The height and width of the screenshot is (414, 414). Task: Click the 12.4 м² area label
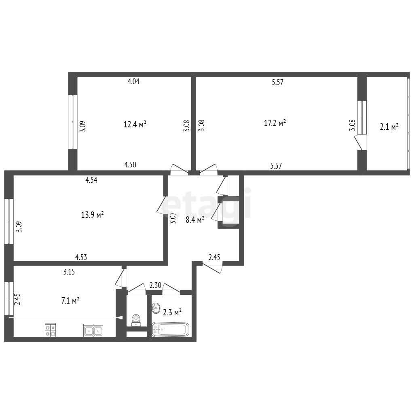pos(135,124)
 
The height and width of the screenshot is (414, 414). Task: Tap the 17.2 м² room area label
pos(275,123)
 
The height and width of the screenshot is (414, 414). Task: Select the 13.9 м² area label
pos(93,215)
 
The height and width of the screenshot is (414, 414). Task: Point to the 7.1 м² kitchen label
pos(70,300)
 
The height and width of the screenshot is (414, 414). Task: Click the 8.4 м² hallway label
pos(195,220)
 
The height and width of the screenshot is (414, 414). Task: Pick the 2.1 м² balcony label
pos(389,127)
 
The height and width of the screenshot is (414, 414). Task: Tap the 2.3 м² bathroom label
pos(172,313)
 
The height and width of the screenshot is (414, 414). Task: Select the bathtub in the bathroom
pos(171,329)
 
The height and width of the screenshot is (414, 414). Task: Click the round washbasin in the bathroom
pos(156,308)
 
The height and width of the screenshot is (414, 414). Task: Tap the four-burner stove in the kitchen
pos(50,330)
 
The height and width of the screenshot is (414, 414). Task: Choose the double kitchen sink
pos(93,330)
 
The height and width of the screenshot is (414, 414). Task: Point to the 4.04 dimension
pos(133,81)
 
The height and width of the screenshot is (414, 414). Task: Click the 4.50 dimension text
pos(130,165)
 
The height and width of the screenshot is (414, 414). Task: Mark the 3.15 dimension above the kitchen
pos(69,272)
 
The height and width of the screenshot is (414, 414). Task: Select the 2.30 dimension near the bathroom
pos(155,285)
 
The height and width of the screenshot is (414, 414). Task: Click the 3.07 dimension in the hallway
pos(173,218)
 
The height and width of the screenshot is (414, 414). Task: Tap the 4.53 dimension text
pos(81,257)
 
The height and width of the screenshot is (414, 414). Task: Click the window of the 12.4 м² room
pos(73,122)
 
